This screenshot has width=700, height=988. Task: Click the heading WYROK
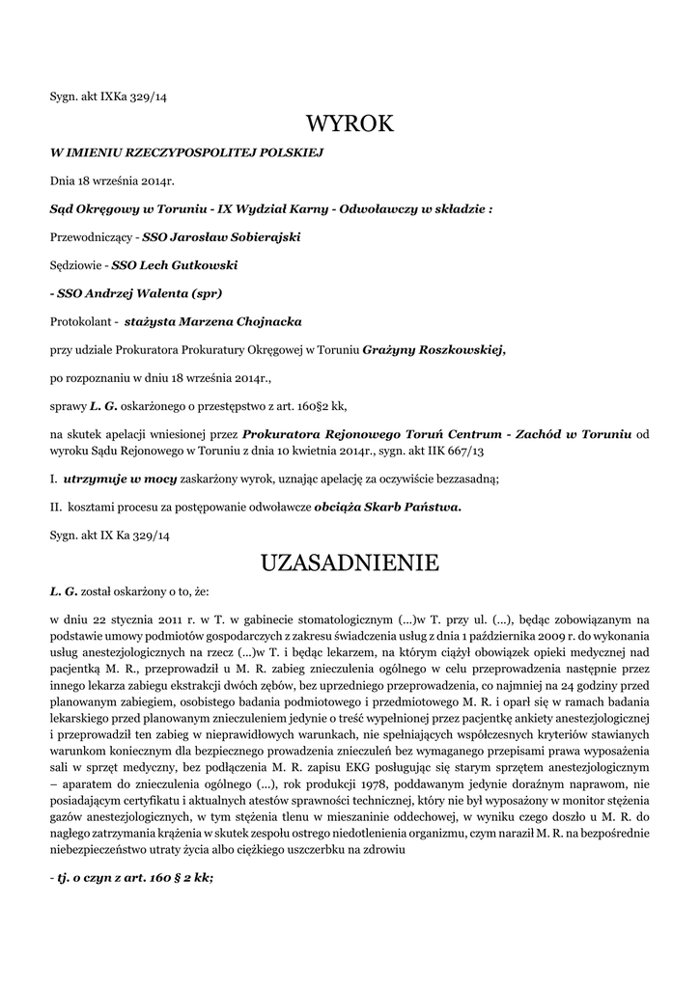coord(350,123)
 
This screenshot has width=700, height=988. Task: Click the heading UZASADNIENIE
coord(350,562)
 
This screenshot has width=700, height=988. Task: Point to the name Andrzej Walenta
coord(136,292)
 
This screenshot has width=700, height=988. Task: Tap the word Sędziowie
coord(76,264)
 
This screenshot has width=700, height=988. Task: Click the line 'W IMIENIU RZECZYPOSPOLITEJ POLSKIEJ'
coord(185,152)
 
